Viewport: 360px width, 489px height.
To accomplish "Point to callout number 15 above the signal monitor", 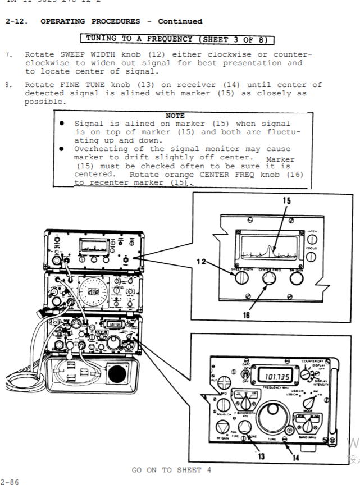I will click(286, 201).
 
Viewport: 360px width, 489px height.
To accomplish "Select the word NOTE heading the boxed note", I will click(175, 116).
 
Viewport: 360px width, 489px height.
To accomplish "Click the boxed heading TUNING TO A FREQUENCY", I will click(177, 39).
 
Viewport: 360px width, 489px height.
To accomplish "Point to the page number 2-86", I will click(9, 481).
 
